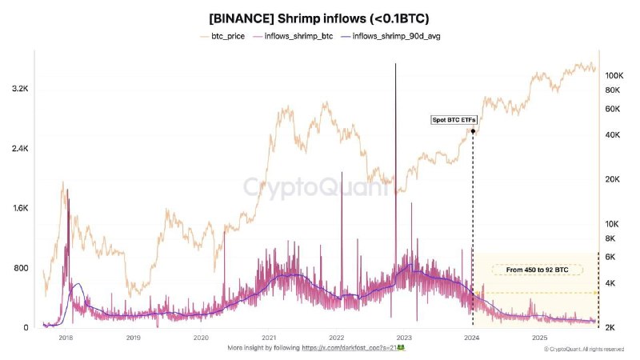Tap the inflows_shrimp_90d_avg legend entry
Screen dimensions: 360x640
390,37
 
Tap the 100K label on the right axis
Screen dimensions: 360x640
614,76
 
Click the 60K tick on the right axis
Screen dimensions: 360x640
613,109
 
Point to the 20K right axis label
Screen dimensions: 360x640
613,179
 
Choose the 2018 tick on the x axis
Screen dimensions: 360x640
66,338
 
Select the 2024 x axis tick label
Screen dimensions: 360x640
472,338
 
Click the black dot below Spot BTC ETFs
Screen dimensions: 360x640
473,131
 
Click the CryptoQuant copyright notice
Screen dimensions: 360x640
583,349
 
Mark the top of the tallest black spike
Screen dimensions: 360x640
395,64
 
